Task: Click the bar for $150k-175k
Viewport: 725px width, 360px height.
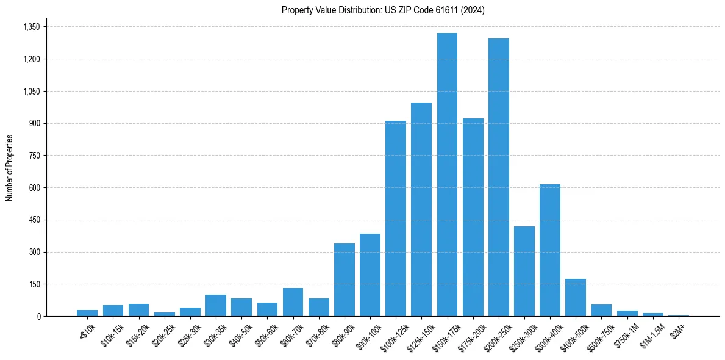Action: click(447, 175)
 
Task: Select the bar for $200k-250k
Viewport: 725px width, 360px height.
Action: click(499, 178)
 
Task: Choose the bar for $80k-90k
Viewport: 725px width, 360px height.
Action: click(345, 279)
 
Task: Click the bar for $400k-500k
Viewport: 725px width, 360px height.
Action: click(576, 297)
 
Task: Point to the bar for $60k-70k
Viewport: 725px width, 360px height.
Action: click(293, 302)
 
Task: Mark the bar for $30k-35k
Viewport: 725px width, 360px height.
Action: click(216, 305)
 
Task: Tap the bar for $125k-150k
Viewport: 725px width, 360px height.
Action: click(421, 209)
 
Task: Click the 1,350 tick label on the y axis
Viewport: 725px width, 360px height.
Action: click(31, 27)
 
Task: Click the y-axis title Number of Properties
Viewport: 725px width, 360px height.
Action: click(9, 167)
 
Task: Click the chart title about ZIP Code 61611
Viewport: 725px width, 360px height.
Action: click(383, 10)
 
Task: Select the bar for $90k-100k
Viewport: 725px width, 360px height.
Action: click(370, 275)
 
